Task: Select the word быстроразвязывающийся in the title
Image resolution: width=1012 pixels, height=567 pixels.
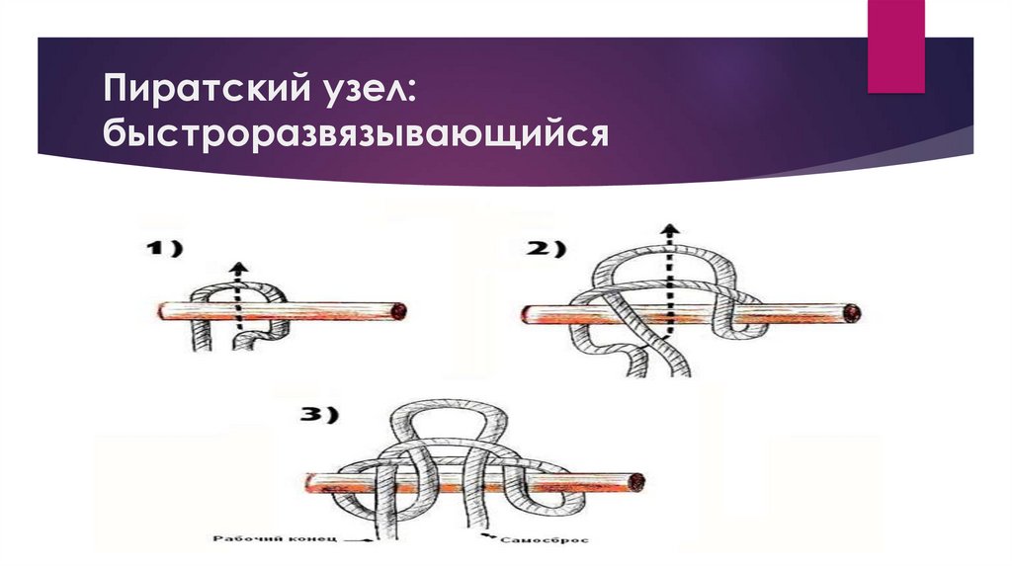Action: click(x=356, y=134)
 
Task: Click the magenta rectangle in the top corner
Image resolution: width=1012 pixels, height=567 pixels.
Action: click(x=895, y=45)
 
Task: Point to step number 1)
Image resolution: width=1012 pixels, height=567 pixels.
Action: click(x=164, y=248)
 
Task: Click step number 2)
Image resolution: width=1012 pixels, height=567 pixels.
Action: click(x=546, y=248)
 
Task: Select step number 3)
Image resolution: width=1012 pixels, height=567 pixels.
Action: click(x=319, y=415)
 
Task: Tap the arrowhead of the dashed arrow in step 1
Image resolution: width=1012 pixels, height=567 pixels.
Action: click(x=239, y=268)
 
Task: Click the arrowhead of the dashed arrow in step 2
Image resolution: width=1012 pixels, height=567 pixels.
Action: click(x=671, y=229)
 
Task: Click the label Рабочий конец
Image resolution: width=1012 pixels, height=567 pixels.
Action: click(x=275, y=538)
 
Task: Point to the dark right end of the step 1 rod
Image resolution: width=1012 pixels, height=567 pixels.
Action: click(x=401, y=311)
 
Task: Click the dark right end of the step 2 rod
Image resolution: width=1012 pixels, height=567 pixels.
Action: click(x=853, y=313)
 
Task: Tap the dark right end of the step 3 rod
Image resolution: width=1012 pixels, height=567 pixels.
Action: click(x=636, y=482)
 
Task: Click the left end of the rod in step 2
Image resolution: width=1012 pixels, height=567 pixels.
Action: click(x=524, y=315)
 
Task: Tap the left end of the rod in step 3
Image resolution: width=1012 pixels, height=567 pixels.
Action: click(x=308, y=483)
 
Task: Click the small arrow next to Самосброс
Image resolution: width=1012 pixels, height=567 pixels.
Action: click(x=488, y=536)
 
